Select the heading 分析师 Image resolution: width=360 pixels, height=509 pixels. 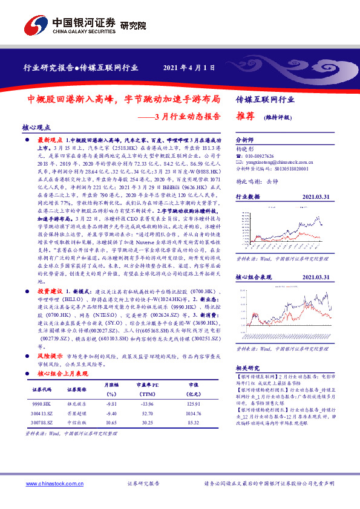pyautogui.click(x=244, y=138)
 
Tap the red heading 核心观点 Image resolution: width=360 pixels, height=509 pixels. pyautogui.click(x=36, y=128)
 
